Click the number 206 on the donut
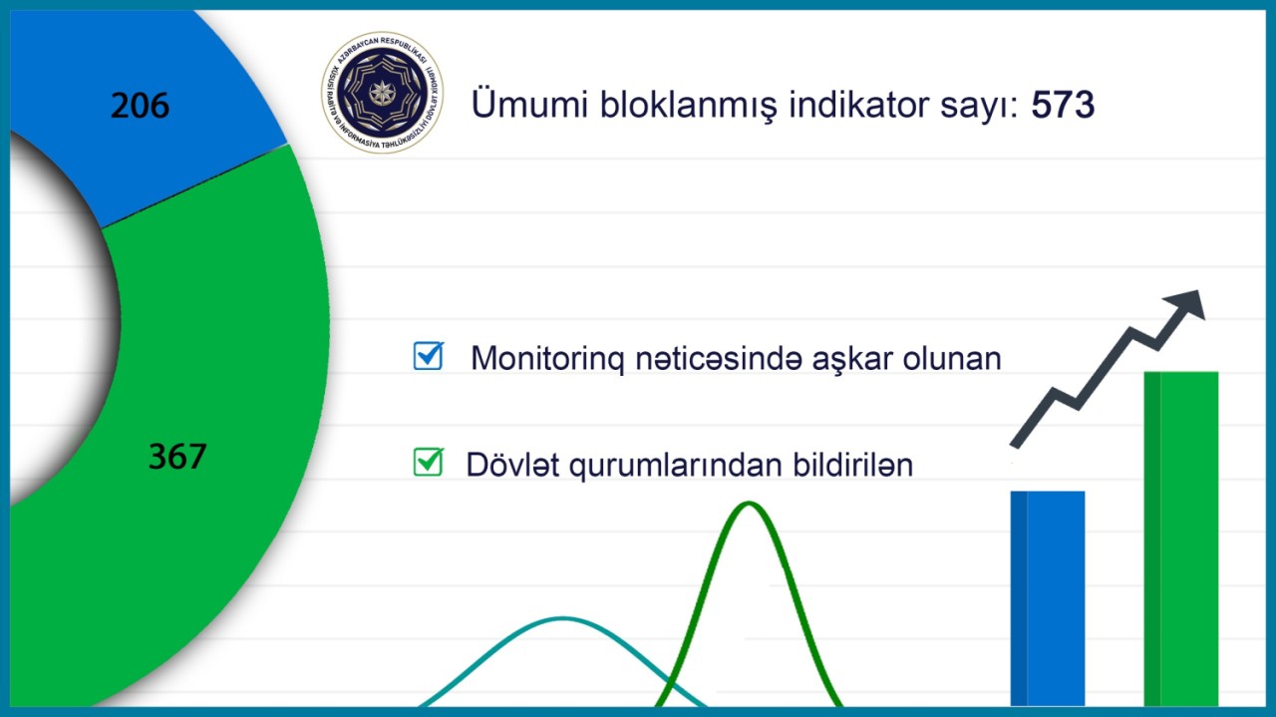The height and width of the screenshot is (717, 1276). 140,105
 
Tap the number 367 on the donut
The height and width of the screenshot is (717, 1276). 177,456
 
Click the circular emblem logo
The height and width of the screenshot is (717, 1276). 383,93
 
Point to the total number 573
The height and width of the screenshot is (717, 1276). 1064,105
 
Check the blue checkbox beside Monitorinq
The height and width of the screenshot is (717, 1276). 429,356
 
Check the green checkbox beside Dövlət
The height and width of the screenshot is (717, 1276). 428,462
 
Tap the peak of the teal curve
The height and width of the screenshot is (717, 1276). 563,619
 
